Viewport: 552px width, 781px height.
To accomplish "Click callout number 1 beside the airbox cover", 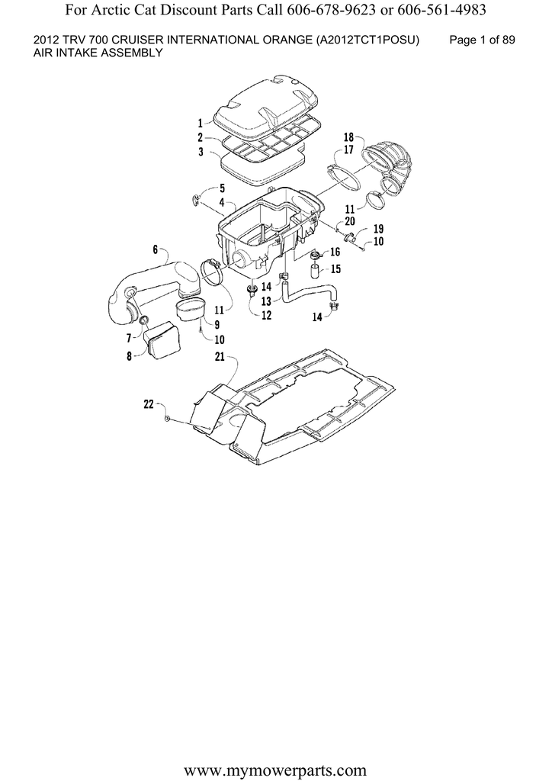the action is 200,123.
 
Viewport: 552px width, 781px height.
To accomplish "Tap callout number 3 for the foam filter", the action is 201,152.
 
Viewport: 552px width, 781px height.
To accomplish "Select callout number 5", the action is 222,188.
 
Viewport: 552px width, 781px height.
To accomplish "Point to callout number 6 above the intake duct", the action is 156,249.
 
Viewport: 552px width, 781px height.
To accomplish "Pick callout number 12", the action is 266,315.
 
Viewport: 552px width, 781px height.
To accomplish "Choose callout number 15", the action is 335,269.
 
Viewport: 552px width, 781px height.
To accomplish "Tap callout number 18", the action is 348,137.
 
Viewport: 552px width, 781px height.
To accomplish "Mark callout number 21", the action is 220,357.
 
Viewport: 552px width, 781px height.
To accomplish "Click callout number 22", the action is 149,405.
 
